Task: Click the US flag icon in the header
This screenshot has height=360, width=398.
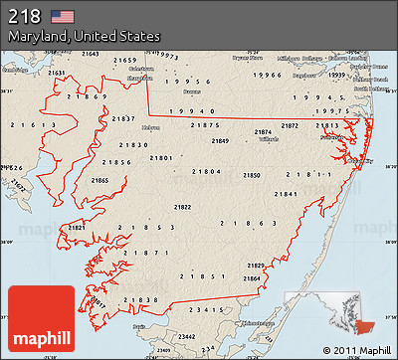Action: tap(63, 16)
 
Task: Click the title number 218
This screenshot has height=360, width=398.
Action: tap(25, 16)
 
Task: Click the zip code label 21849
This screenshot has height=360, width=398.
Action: tap(219, 141)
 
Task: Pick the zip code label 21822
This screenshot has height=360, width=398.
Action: tap(183, 207)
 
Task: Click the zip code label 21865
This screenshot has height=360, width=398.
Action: tap(99, 180)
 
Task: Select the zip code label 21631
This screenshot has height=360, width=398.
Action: tap(58, 73)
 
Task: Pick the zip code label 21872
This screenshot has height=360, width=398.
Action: tap(289, 126)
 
